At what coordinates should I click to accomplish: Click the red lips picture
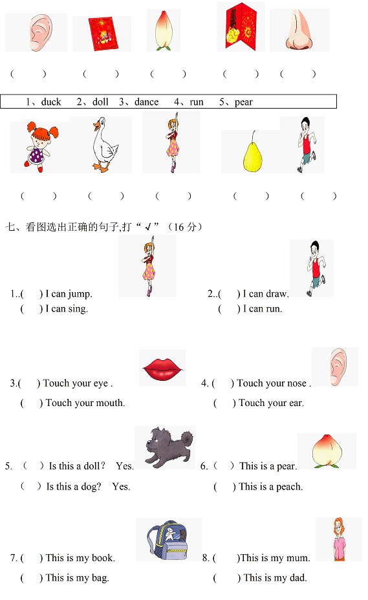[162, 369]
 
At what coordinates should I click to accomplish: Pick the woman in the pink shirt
[338, 539]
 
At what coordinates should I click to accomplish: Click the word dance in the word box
[146, 102]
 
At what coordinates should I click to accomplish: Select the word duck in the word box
[51, 102]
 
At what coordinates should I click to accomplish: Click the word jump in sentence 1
[80, 294]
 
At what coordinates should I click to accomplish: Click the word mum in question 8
[298, 558]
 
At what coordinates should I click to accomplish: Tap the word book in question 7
[103, 558]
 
